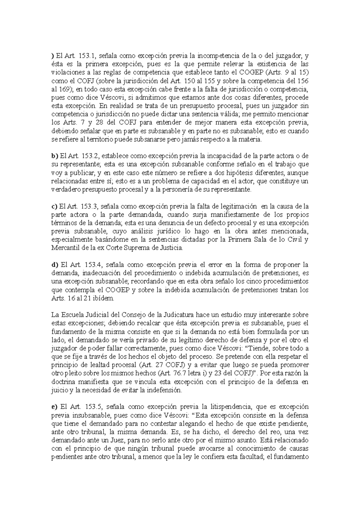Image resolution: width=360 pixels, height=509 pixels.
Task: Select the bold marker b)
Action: click(54, 156)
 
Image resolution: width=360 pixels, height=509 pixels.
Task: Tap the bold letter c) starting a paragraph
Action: click(54, 206)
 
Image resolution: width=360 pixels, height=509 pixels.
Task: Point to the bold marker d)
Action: click(54, 265)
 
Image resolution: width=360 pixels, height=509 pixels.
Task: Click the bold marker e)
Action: click(54, 407)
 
